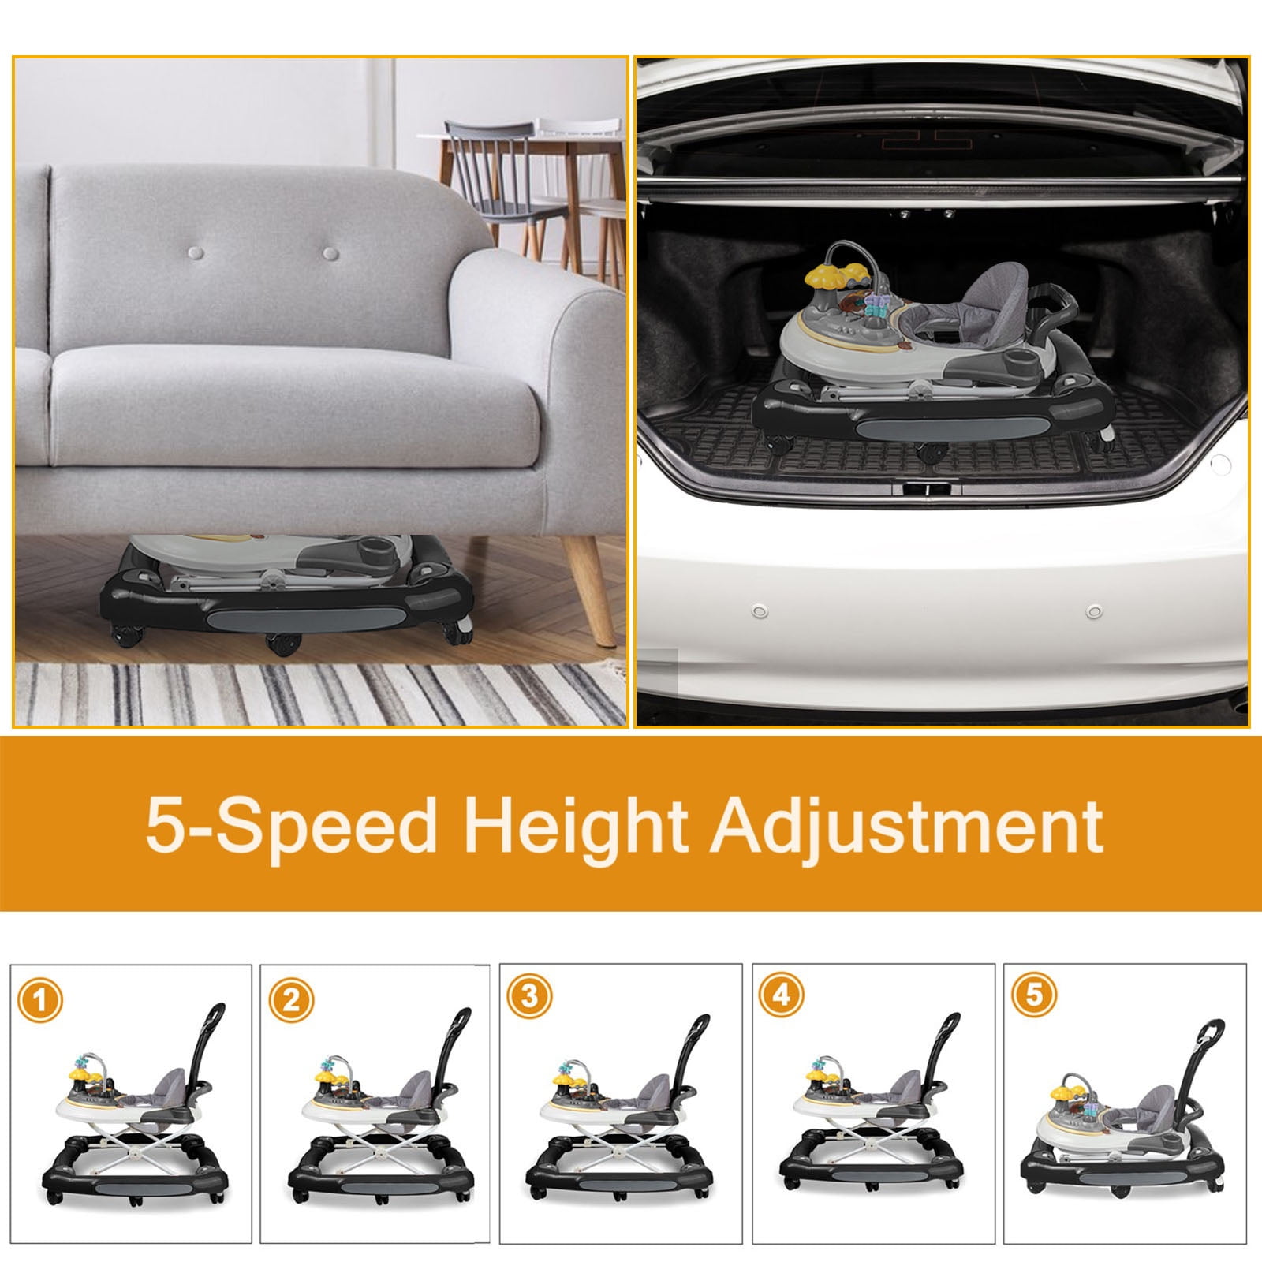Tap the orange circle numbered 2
click(291, 1002)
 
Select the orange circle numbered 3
click(529, 995)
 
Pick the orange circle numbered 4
click(781, 996)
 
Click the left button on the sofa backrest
click(196, 254)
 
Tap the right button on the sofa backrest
click(330, 254)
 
